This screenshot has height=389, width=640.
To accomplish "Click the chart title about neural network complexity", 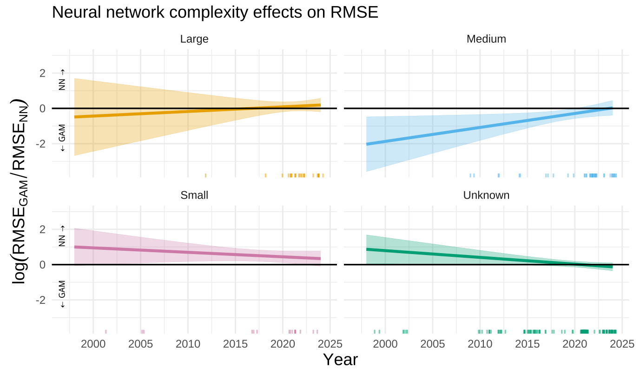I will click(215, 13).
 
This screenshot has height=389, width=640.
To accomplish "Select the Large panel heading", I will click(194, 39).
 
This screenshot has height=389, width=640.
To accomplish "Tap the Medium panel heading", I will click(486, 39).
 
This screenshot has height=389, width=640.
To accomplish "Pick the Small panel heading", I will click(194, 195).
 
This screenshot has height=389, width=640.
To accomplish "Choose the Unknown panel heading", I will click(486, 195).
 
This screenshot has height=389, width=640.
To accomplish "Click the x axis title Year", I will click(340, 360).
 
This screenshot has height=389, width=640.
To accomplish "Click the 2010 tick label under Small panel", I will click(188, 344).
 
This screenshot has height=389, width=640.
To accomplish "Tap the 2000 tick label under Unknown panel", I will click(385, 344).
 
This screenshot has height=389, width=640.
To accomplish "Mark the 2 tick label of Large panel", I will click(42, 73).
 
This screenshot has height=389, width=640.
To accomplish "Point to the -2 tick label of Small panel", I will click(40, 300).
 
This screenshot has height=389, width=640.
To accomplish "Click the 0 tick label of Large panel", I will click(42, 108).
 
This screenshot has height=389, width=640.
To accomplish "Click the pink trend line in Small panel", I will click(195, 252).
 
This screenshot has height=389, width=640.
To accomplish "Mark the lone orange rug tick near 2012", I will click(205, 175).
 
